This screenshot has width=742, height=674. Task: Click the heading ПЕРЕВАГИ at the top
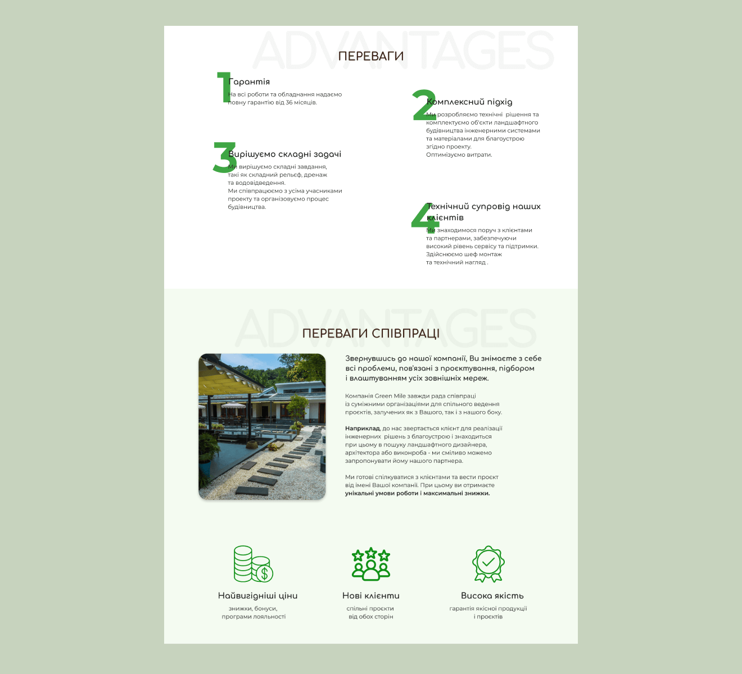371,56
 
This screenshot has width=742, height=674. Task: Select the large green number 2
424,105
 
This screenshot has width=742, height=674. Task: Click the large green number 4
424,217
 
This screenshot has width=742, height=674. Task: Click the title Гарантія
250,82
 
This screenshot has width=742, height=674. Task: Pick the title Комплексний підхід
470,102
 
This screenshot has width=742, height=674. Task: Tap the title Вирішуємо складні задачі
285,154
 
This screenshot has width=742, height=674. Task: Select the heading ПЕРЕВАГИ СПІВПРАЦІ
371,334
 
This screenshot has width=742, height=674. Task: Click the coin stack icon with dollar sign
253,564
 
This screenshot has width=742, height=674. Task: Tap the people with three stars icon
371,564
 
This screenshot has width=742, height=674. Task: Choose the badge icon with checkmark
488,564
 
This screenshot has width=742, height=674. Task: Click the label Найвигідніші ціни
257,596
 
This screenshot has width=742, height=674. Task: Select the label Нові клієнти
371,596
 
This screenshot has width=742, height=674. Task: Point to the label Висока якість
492,596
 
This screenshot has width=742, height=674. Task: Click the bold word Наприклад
362,429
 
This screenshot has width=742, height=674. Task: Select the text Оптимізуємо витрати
459,155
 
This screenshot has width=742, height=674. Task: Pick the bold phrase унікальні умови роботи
381,494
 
